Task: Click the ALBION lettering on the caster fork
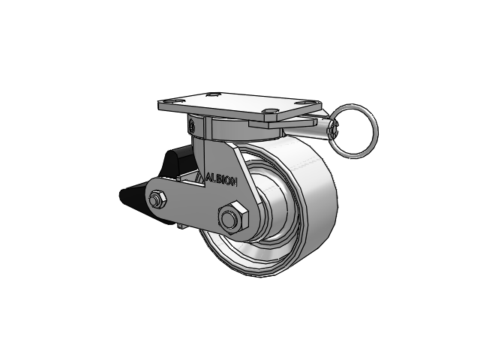221,180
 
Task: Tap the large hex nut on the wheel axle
232,217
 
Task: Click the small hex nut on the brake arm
157,200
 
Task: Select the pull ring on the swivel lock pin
355,131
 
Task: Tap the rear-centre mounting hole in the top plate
213,94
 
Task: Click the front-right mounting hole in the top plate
270,111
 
